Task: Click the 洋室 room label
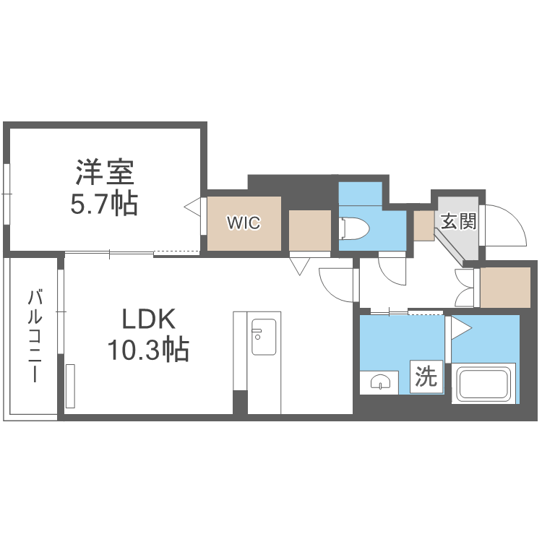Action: click(x=105, y=172)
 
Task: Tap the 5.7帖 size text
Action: click(x=104, y=204)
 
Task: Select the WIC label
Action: click(x=244, y=223)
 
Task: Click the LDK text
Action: click(x=149, y=319)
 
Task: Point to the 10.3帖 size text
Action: click(x=148, y=350)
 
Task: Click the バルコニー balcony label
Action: click(x=35, y=336)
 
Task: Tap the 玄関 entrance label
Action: click(x=459, y=221)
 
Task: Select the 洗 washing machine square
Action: click(x=426, y=377)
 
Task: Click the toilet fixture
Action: click(x=354, y=228)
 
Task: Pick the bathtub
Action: click(x=483, y=383)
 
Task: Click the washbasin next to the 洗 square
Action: click(x=380, y=382)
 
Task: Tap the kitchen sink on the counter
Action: click(x=264, y=337)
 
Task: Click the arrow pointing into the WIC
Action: click(x=192, y=207)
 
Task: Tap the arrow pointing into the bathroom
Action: click(x=462, y=328)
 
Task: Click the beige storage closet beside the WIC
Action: click(x=310, y=231)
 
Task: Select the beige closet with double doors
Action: click(x=505, y=287)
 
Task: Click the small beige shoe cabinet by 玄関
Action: click(x=424, y=225)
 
